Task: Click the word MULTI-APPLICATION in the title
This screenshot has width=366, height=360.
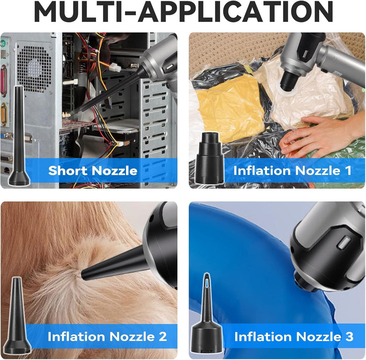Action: point(183,12)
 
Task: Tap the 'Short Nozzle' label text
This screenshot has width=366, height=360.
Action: point(93,170)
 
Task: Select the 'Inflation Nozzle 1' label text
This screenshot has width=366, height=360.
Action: point(292,170)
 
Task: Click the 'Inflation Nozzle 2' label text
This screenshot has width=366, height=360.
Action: point(107,337)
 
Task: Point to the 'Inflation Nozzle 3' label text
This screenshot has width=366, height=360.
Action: point(294,337)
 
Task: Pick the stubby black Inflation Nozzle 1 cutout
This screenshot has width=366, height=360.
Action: point(209,158)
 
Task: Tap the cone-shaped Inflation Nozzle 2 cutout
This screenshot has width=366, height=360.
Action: point(17,315)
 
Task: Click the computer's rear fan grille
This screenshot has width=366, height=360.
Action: point(35,68)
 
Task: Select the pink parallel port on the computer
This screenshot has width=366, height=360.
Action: point(4,81)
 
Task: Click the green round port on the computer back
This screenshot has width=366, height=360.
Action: point(3,44)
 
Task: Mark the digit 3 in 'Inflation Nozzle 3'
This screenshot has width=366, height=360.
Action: point(349,337)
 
